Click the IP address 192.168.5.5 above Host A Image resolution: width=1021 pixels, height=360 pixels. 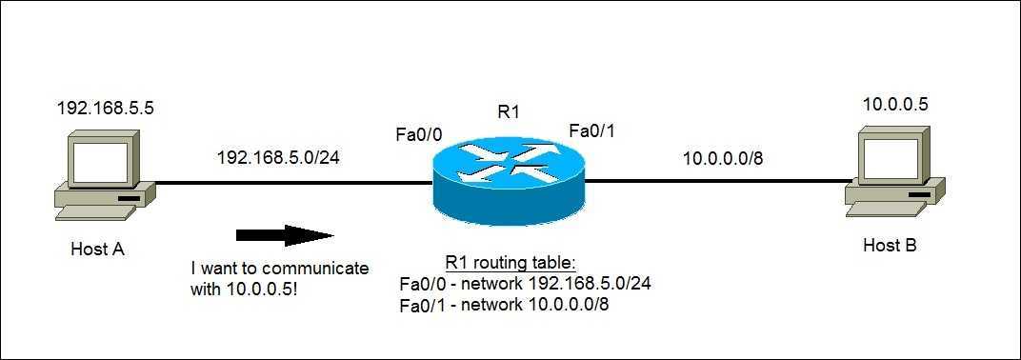pyautogui.click(x=106, y=108)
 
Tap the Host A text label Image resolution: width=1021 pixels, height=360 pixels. pyautogui.click(x=98, y=250)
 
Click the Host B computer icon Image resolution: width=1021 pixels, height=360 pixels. pyautogui.click(x=895, y=177)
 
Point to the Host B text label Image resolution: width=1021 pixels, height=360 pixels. pyautogui.click(x=890, y=246)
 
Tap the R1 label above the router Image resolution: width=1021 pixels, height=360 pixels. pyautogui.click(x=509, y=112)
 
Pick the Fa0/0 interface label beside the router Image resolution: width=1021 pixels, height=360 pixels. pyautogui.click(x=418, y=135)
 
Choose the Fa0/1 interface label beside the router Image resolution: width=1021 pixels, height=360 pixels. pyautogui.click(x=592, y=130)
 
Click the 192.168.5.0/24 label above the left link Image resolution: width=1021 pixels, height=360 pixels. pyautogui.click(x=278, y=156)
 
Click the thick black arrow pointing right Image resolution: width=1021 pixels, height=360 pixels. pyautogui.click(x=285, y=235)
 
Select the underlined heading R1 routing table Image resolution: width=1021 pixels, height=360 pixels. pyautogui.click(x=510, y=263)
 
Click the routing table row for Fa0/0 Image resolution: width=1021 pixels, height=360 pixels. pyautogui.click(x=525, y=283)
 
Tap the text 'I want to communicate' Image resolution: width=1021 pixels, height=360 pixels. pyautogui.click(x=279, y=269)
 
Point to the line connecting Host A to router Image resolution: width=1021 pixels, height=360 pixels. pyautogui.click(x=286, y=181)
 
